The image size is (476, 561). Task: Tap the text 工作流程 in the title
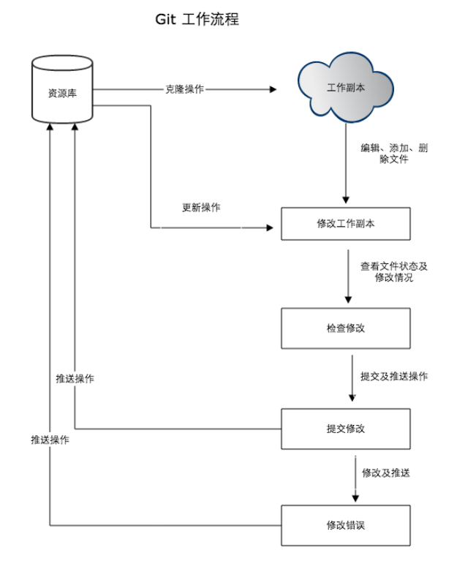[x=209, y=20]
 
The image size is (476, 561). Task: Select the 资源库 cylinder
[x=64, y=91]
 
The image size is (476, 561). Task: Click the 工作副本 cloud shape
[x=346, y=89]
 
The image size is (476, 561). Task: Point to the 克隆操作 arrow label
[x=184, y=89]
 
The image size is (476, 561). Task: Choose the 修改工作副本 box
[x=346, y=224]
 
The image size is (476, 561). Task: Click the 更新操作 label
[x=201, y=207]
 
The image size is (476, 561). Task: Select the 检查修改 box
[x=346, y=328]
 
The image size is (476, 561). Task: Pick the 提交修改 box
[x=346, y=429]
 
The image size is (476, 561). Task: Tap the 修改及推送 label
[x=386, y=472]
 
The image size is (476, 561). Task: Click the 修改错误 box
[x=346, y=525]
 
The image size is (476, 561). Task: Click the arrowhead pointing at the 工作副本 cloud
[x=273, y=89]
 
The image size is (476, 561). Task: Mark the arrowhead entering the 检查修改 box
[x=348, y=299]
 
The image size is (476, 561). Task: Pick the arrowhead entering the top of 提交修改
[x=352, y=398]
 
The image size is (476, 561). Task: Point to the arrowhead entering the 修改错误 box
[x=355, y=497]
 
